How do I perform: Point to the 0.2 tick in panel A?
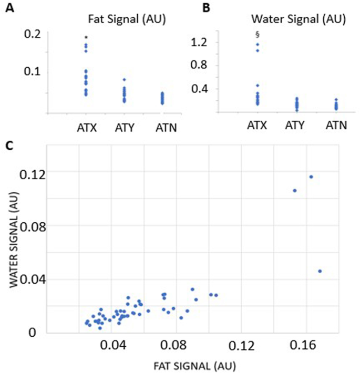click(33, 34)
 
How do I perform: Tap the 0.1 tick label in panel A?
click(33, 71)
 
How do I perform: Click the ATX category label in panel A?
click(86, 127)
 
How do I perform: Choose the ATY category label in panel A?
click(125, 127)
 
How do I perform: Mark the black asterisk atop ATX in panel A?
click(86, 37)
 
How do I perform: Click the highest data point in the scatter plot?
click(311, 177)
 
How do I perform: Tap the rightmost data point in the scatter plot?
click(320, 271)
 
